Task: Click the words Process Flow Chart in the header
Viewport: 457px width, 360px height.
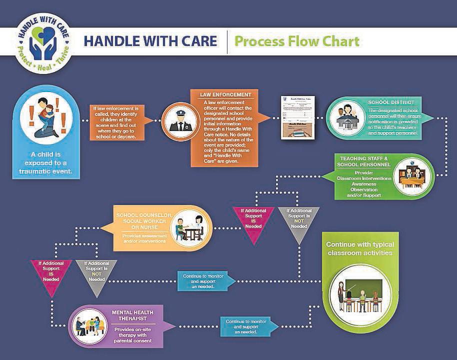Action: coord(297,41)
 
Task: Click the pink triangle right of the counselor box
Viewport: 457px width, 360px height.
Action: coord(252,222)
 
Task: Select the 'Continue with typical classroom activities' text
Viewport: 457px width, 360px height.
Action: coord(360,248)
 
